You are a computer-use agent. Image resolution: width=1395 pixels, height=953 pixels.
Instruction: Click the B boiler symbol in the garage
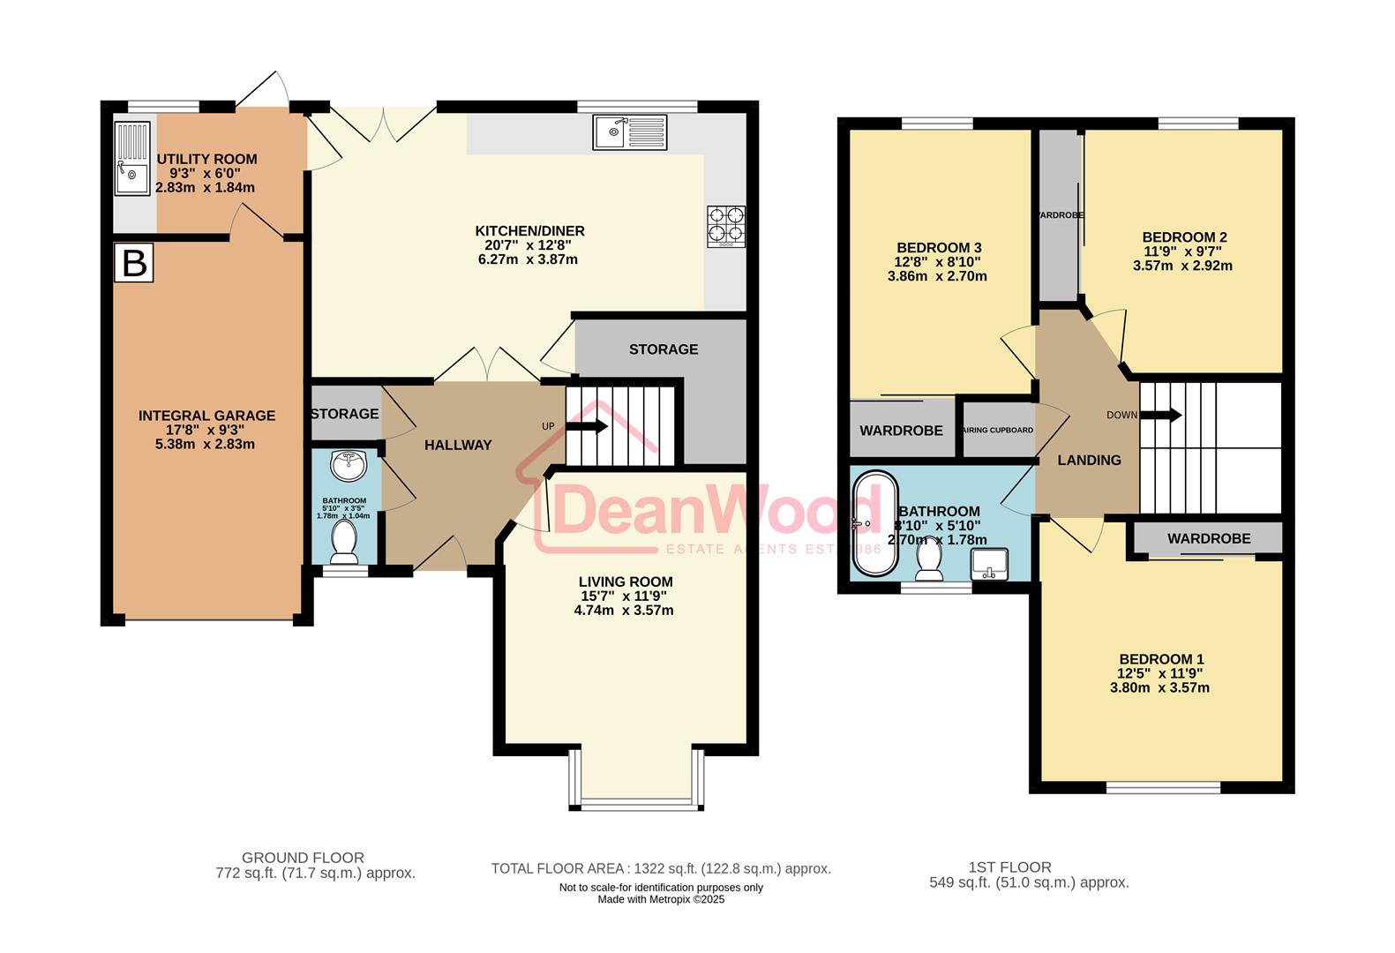(x=134, y=263)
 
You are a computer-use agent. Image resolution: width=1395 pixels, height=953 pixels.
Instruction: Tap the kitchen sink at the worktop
(x=630, y=132)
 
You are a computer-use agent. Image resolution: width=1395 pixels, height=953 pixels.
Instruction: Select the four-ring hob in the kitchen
(x=725, y=226)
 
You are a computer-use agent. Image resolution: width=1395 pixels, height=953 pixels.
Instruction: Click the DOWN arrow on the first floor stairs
(x=1164, y=415)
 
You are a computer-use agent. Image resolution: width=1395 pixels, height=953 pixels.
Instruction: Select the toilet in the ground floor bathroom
(x=342, y=542)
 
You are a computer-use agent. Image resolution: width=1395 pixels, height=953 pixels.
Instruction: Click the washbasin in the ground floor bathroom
(x=350, y=466)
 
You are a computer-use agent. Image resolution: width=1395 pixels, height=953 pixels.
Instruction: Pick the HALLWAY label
(x=458, y=446)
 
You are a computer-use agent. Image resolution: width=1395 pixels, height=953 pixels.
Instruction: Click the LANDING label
(x=1089, y=461)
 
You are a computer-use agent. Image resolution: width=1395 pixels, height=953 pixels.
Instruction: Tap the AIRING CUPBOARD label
(x=999, y=431)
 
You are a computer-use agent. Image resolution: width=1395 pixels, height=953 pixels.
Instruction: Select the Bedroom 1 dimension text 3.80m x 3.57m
(x=1159, y=688)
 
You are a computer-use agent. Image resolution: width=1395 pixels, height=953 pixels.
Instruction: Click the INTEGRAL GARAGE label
(x=206, y=416)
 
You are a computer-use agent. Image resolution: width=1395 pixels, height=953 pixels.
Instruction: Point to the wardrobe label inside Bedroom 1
(x=1208, y=538)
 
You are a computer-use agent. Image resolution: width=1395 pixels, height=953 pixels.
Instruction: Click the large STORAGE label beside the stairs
(x=664, y=349)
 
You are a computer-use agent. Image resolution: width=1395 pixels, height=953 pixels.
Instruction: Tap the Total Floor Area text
(x=661, y=869)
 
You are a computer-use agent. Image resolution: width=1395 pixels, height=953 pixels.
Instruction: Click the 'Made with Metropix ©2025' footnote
(x=661, y=900)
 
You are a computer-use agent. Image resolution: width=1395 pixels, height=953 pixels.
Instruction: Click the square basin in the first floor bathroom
(x=989, y=564)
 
